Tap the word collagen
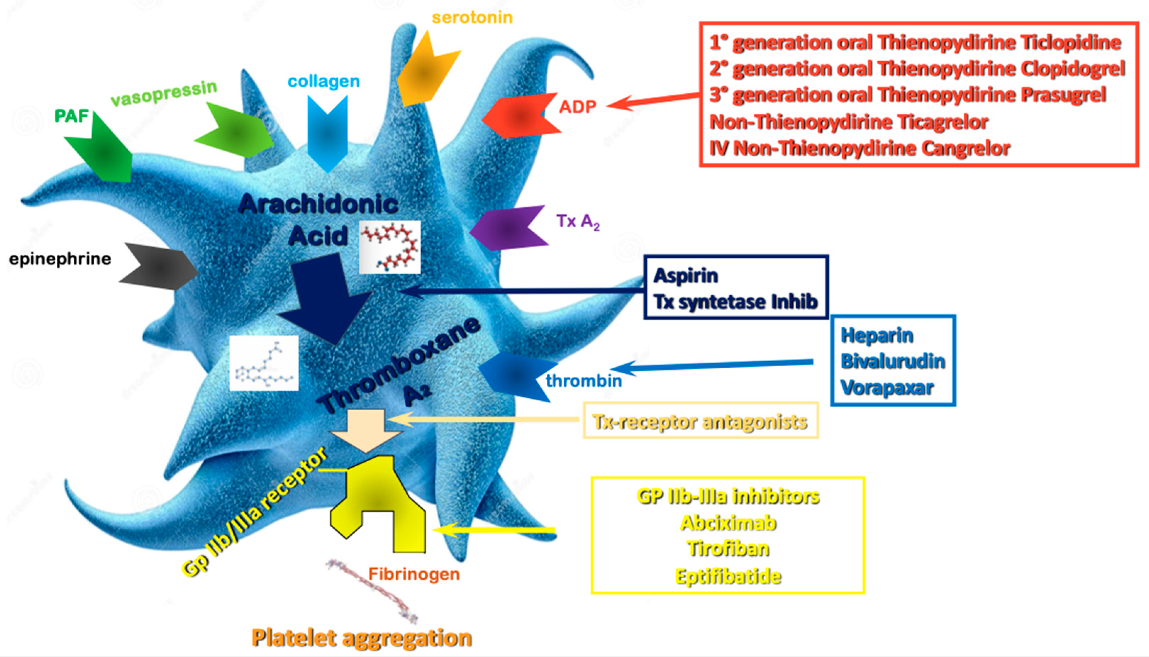(323, 81)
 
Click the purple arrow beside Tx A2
(508, 228)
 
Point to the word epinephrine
(60, 259)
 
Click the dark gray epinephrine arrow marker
(160, 267)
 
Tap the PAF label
(71, 116)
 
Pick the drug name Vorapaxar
(886, 388)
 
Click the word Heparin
(876, 335)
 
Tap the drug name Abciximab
(728, 523)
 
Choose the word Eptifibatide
(728, 576)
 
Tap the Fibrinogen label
(414, 574)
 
